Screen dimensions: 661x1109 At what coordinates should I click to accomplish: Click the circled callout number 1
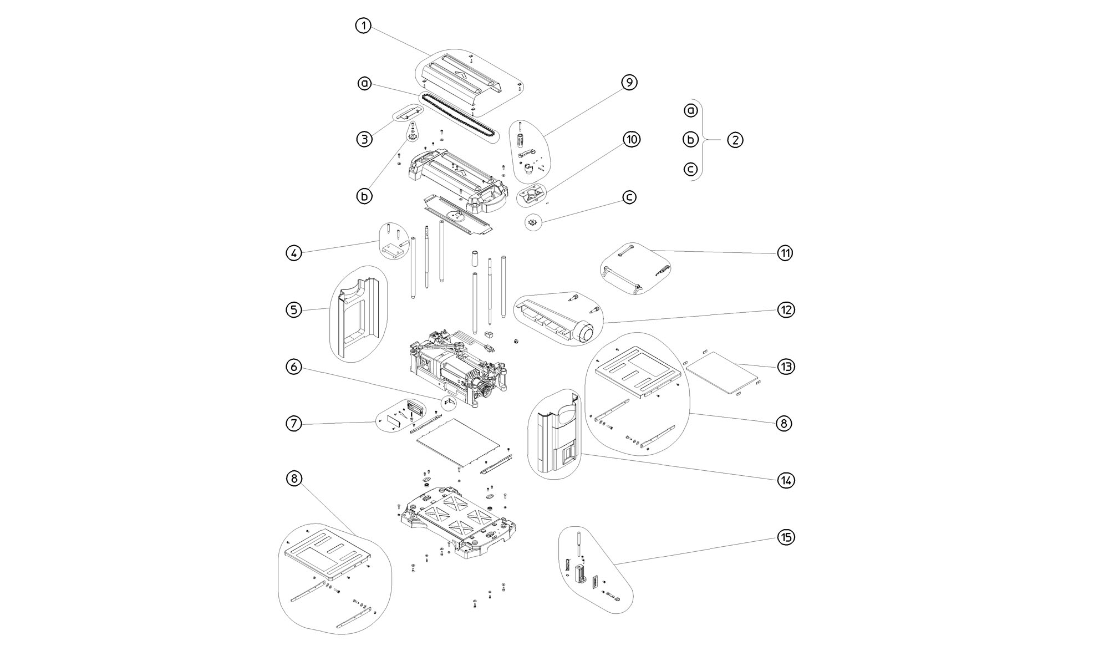tap(363, 26)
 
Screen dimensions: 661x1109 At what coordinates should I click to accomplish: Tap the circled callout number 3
tap(364, 139)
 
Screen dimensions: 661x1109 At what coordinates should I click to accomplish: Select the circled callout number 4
tap(294, 253)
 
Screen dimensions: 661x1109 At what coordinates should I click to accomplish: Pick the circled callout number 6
tap(294, 367)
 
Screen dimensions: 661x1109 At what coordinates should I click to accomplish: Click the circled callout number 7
tap(294, 424)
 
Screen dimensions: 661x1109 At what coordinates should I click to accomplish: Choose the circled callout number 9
tap(629, 83)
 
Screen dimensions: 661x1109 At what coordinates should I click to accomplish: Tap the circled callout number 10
tap(632, 139)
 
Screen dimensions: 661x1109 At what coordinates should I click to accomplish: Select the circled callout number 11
tap(785, 253)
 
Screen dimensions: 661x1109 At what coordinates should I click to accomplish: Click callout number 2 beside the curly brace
tap(735, 140)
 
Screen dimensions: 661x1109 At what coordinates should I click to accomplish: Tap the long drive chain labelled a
tap(457, 118)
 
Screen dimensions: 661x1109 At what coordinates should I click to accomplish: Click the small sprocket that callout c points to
tap(532, 222)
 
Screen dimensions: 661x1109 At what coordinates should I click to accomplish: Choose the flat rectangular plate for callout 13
tap(722, 373)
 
